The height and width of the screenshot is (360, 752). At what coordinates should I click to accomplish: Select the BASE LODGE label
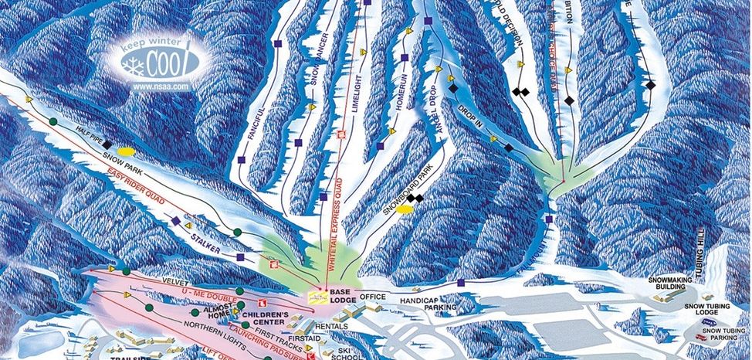coord(341,297)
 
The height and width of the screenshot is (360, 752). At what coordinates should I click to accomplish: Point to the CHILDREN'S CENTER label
coord(265,319)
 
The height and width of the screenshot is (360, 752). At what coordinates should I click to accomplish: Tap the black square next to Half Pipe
coord(106,142)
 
